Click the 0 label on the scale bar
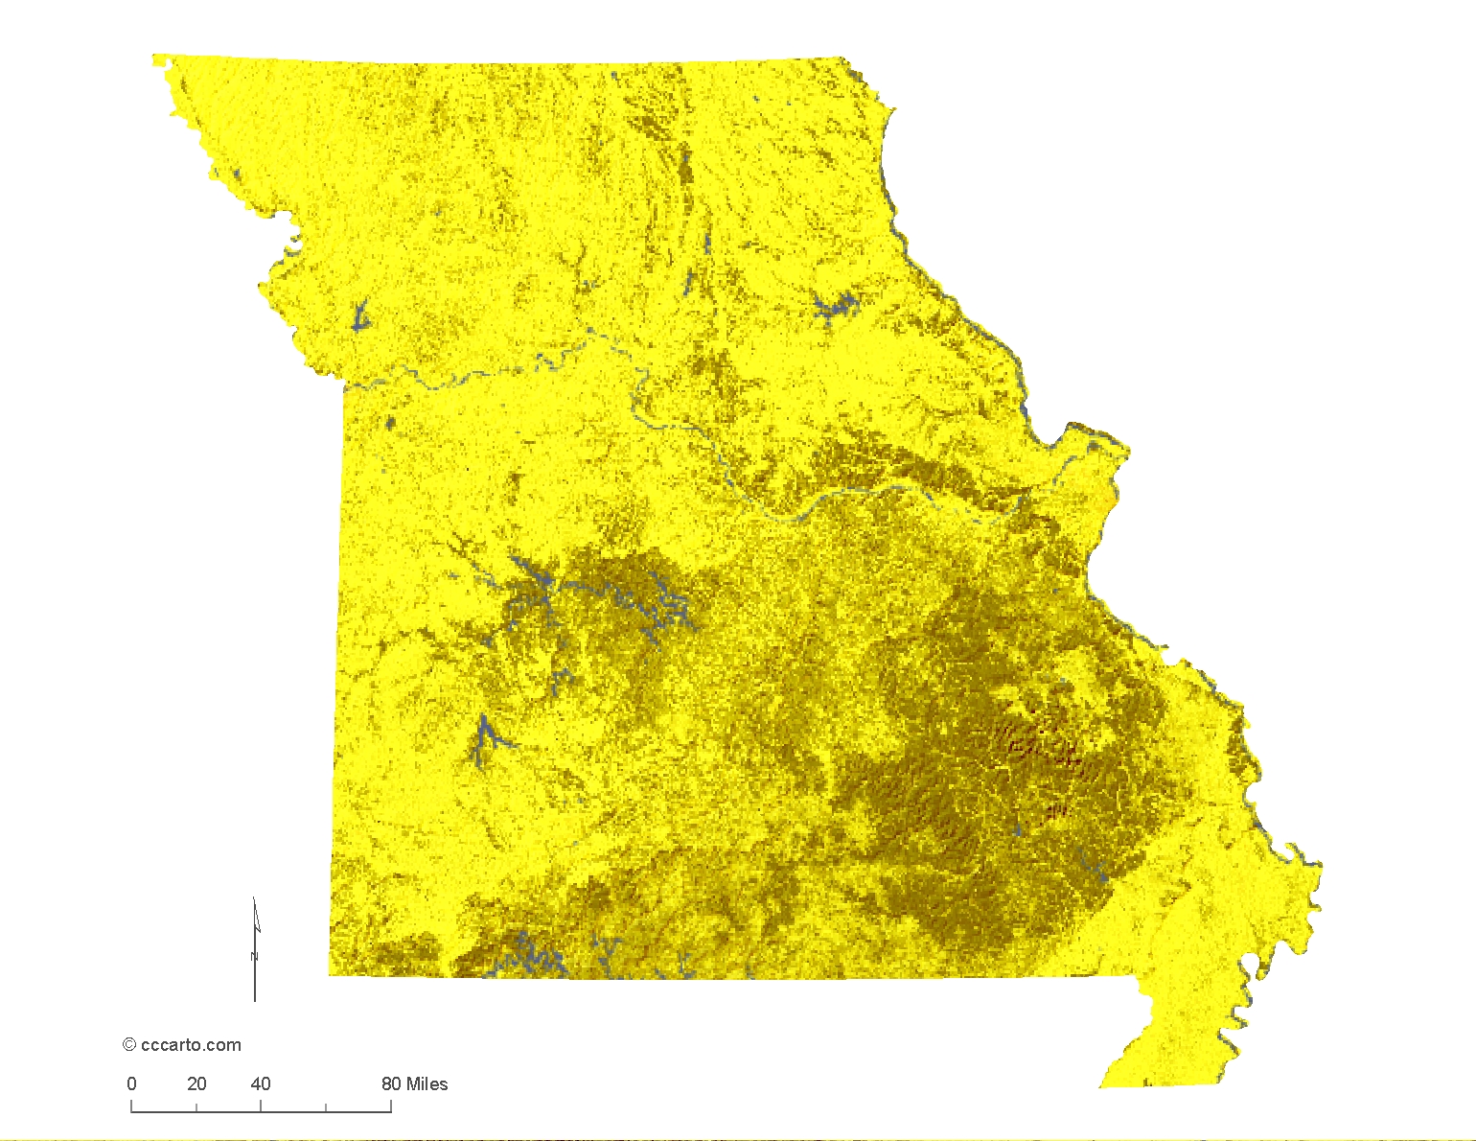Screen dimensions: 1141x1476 coord(131,1084)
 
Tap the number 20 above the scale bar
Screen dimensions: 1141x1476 coord(196,1084)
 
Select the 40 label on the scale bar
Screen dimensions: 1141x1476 coord(261,1084)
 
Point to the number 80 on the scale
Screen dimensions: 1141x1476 coord(391,1084)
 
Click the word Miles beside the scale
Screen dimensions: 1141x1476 coord(427,1084)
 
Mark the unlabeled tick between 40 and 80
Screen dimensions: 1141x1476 coord(326,1108)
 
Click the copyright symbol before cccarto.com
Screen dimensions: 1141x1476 coord(129,1045)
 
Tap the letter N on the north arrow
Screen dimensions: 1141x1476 coord(255,956)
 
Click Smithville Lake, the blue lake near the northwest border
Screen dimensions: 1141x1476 coord(361,315)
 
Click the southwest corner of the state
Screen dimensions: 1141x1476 coord(331,975)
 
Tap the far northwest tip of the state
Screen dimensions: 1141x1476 coord(154,57)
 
